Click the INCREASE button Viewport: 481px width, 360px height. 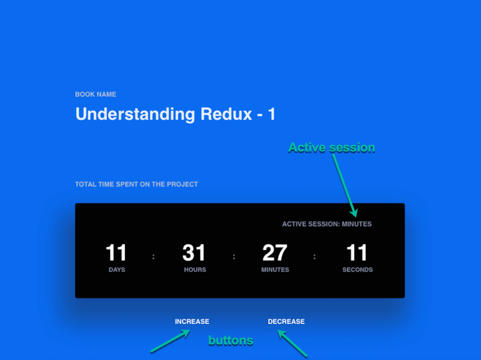click(x=192, y=322)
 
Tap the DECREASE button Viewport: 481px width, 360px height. click(x=286, y=322)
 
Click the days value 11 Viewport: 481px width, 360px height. click(x=117, y=253)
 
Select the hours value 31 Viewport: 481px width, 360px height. click(x=194, y=253)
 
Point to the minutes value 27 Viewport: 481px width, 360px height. click(x=275, y=253)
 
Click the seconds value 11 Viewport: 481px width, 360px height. click(x=357, y=253)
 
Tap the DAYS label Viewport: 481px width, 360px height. click(x=117, y=270)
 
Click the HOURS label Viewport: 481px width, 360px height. click(x=195, y=270)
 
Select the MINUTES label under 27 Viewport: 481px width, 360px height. click(x=275, y=270)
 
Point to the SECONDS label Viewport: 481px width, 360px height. click(x=357, y=270)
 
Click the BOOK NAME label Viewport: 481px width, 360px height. click(x=96, y=94)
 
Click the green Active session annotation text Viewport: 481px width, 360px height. click(x=331, y=147)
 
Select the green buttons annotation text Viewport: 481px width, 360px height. click(x=230, y=341)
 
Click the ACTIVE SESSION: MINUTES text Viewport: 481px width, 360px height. click(x=326, y=224)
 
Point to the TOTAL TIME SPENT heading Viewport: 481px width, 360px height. click(x=136, y=185)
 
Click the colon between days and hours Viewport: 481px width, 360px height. click(x=153, y=257)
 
